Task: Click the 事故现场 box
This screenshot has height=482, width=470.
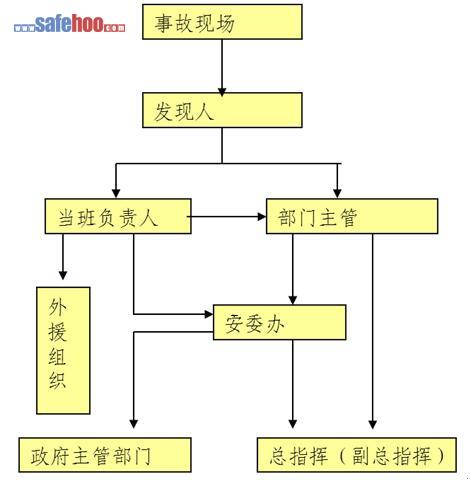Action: (222, 22)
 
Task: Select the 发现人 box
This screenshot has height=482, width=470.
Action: (222, 110)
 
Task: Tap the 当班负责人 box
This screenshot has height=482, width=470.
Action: (118, 216)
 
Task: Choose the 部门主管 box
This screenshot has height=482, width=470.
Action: (352, 216)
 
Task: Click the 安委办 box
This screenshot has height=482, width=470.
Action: (279, 322)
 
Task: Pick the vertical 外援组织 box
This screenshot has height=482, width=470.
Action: (63, 351)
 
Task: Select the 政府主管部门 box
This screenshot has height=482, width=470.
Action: (105, 455)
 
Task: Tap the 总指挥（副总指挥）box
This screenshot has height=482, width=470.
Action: (357, 455)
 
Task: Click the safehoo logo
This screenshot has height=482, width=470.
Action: (70, 24)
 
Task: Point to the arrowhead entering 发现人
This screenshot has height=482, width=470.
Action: (222, 92)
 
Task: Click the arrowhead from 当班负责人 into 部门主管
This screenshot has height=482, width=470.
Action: (262, 217)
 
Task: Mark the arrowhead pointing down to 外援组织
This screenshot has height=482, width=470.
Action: (63, 275)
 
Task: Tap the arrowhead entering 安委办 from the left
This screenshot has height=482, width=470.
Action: (209, 314)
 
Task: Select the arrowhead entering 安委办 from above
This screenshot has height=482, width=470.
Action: (293, 300)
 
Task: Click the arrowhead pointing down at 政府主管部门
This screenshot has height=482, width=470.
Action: (134, 424)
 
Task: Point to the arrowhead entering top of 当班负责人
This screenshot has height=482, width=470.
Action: (116, 193)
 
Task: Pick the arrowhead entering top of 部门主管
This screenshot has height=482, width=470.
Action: (337, 193)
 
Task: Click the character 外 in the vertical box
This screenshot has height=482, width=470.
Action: (58, 306)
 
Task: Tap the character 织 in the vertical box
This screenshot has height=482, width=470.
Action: (58, 380)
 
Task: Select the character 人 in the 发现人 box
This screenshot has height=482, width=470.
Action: (202, 111)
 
